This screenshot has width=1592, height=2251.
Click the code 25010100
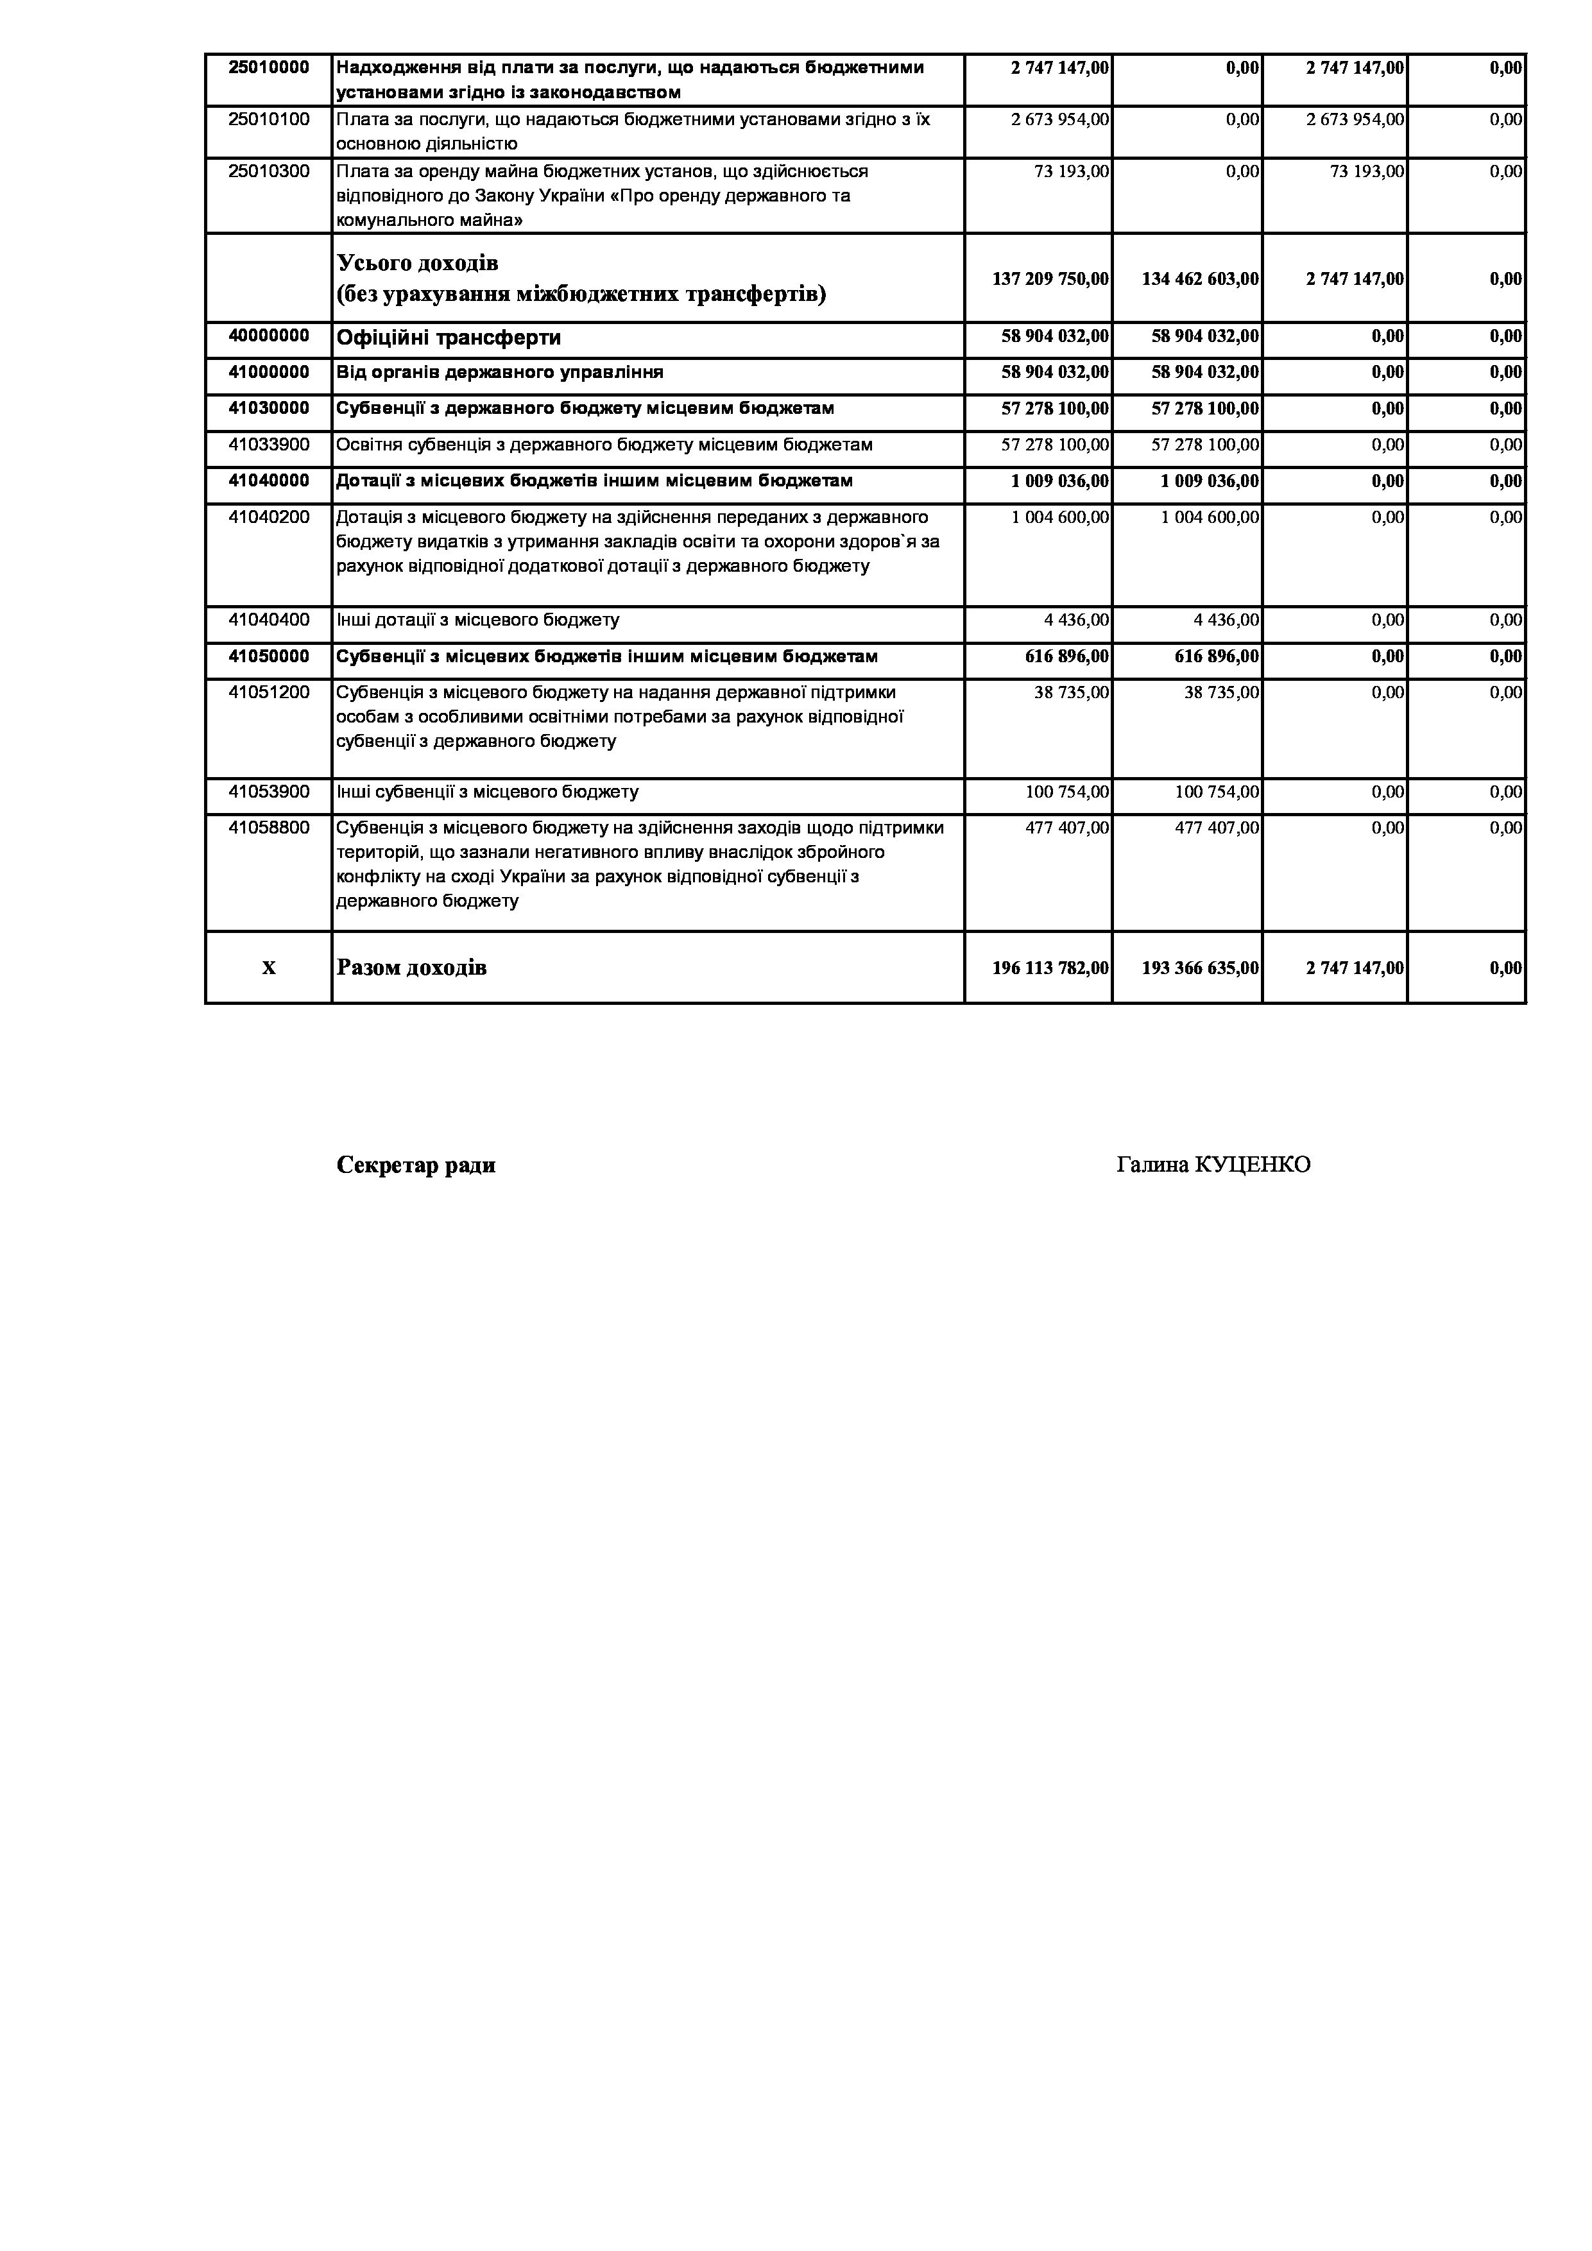click(269, 119)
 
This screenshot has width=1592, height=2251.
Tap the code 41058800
click(269, 828)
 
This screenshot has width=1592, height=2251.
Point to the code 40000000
click(269, 336)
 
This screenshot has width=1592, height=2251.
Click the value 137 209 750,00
click(1050, 279)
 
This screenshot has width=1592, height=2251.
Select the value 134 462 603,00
click(1200, 279)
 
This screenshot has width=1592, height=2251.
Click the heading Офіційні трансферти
click(449, 338)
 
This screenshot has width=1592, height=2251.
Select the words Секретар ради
click(416, 1165)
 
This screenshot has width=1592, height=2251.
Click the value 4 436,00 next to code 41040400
click(1076, 621)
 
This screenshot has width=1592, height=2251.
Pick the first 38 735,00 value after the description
click(1072, 693)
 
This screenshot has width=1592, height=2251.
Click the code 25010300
click(269, 171)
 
